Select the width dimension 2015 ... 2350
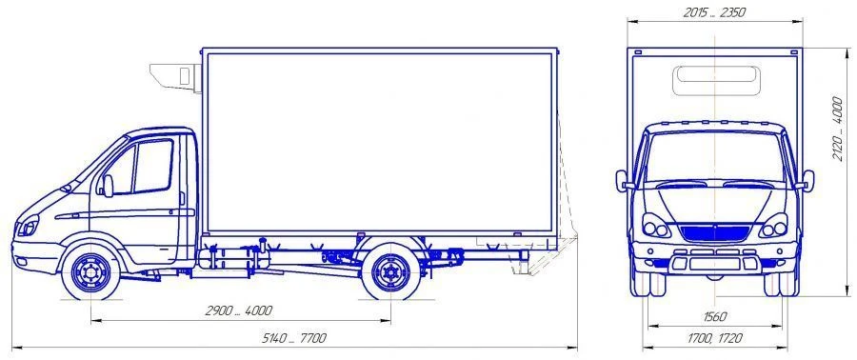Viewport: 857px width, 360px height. [714, 12]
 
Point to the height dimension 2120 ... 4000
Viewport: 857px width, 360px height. [838, 128]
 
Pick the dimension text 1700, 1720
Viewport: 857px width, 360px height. [714, 338]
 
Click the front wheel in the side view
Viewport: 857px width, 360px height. [91, 271]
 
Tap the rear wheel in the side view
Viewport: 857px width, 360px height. [390, 271]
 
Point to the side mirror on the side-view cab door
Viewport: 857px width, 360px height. [108, 185]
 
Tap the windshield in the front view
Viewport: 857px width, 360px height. [714, 157]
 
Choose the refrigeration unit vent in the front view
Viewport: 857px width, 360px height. [714, 80]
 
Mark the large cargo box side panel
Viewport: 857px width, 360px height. [379, 141]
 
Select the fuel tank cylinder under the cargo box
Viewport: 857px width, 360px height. [227, 257]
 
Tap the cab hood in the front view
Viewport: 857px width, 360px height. [714, 200]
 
